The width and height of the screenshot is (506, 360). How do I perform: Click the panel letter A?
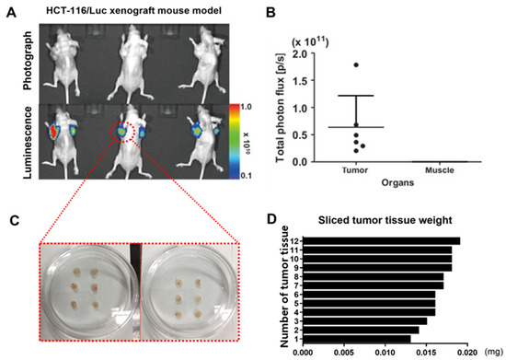pos(10,13)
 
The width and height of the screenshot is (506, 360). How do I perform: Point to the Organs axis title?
pos(397,182)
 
